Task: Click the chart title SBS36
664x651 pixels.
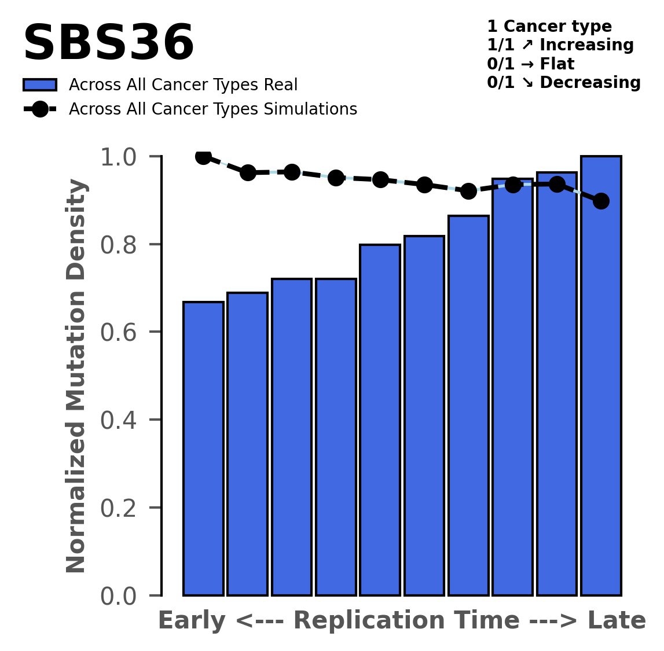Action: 108,44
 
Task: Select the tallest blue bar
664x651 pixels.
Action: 601,376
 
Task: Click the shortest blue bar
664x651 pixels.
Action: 203,448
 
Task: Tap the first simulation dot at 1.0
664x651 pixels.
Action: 203,156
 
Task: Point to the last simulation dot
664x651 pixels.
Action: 601,201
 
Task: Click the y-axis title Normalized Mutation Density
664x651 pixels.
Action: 77,376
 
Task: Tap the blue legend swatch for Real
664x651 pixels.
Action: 40,85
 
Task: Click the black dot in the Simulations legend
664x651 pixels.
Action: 40,109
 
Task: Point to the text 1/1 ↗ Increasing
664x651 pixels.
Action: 560,45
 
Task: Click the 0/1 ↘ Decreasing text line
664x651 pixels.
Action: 563,83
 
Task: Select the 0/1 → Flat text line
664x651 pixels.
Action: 530,64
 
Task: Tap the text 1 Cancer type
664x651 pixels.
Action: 549,27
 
